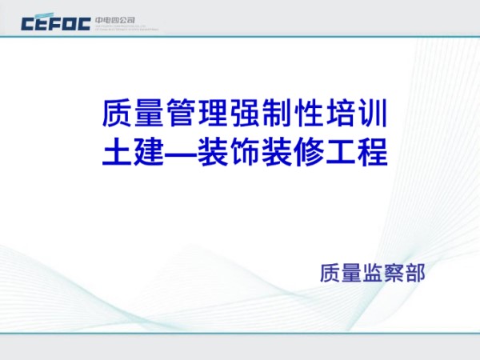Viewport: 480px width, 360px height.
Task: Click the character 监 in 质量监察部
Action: (x=373, y=272)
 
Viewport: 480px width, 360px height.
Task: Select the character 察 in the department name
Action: (x=394, y=272)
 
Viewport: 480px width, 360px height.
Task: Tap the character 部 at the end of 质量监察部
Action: (x=416, y=272)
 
